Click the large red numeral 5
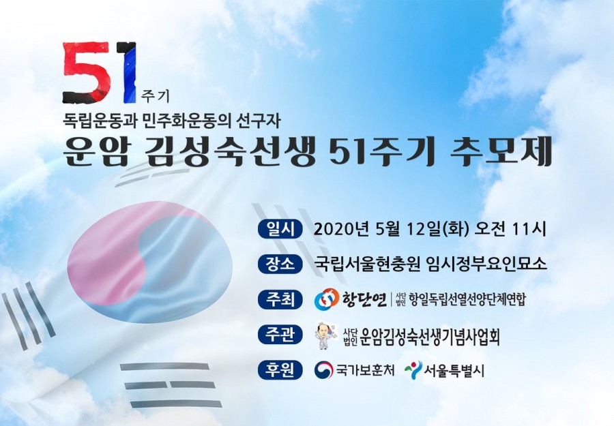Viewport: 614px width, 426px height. (x=89, y=72)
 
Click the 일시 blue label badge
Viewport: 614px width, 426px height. (x=280, y=229)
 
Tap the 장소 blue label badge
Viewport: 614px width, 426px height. (x=280, y=264)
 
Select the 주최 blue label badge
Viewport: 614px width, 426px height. (x=280, y=299)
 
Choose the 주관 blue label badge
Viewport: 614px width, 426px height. (x=280, y=335)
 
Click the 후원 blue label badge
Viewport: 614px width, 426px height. (x=280, y=370)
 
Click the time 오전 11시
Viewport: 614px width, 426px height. (x=510, y=230)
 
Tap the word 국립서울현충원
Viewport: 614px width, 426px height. (x=364, y=264)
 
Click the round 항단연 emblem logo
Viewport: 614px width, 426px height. (x=327, y=299)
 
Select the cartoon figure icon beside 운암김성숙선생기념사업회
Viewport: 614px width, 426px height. (x=327, y=335)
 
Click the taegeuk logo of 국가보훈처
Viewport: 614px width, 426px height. (x=324, y=370)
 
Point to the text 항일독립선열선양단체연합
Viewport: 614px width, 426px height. (x=467, y=300)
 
